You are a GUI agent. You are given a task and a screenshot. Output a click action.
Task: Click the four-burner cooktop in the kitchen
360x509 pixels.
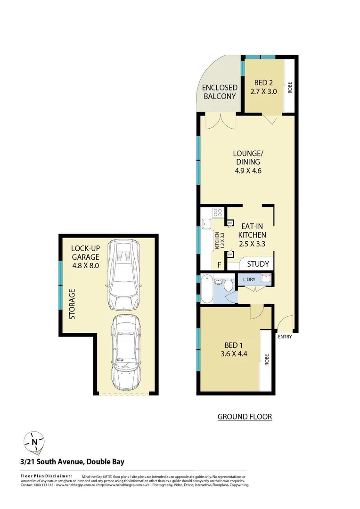pyautogui.click(x=217, y=213)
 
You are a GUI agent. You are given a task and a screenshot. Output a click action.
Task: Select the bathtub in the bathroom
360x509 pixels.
pyautogui.click(x=206, y=287)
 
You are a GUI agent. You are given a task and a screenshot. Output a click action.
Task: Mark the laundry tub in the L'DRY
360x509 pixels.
pyautogui.click(x=266, y=279)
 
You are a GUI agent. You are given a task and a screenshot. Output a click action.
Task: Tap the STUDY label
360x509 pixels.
pyautogui.click(x=258, y=264)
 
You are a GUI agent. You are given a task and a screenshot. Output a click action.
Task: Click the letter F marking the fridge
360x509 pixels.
pyautogui.click(x=219, y=265)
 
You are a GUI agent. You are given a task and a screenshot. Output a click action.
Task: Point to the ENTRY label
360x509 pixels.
pyautogui.click(x=285, y=337)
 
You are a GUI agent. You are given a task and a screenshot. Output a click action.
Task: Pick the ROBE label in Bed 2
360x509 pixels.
pyautogui.click(x=290, y=87)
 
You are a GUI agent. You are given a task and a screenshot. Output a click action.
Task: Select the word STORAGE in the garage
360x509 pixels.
pyautogui.click(x=72, y=304)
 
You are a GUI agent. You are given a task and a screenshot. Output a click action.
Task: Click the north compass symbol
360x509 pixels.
pyautogui.click(x=34, y=442)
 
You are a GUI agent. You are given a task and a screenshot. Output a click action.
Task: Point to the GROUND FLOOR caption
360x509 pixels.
pyautogui.click(x=244, y=417)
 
